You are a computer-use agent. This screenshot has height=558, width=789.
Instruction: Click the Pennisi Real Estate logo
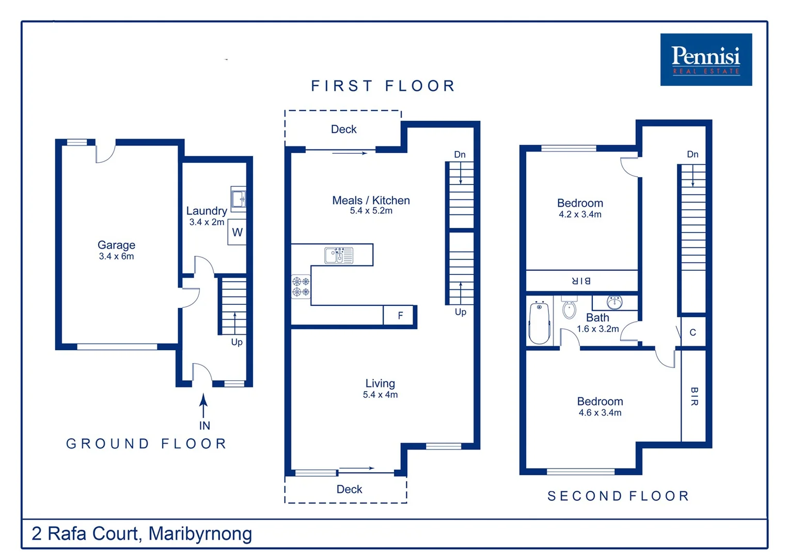pos(705,59)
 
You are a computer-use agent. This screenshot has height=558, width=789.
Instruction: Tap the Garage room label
pos(116,245)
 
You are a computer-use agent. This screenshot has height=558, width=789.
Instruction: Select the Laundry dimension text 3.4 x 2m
pos(207,222)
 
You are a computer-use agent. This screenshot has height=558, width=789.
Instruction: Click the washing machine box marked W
pos(237,233)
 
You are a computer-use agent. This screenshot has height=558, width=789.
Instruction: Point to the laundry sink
pos(239,199)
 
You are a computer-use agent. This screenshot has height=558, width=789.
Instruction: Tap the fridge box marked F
pos(400,315)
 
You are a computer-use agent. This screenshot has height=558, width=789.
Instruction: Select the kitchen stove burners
pos(301,287)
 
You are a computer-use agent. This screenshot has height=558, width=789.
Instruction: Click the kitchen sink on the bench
pos(339,255)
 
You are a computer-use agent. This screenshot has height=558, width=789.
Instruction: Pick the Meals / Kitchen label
pos(371,200)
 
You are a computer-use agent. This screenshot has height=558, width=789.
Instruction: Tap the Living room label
pos(380,383)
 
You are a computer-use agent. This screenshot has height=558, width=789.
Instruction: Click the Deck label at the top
pos(343,129)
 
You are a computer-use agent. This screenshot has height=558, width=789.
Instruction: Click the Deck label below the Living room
pos(349,489)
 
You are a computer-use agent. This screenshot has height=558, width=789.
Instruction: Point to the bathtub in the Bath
pos(540,323)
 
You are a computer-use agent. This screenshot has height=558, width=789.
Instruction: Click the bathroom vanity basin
pos(614,302)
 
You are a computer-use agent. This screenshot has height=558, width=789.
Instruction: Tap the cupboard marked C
pos(693,332)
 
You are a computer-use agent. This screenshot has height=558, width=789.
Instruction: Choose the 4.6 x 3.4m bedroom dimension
pos(600,413)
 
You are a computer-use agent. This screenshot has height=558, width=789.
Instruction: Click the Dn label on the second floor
pos(692,154)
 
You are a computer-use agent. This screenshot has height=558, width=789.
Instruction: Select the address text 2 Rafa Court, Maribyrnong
pos(142,533)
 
